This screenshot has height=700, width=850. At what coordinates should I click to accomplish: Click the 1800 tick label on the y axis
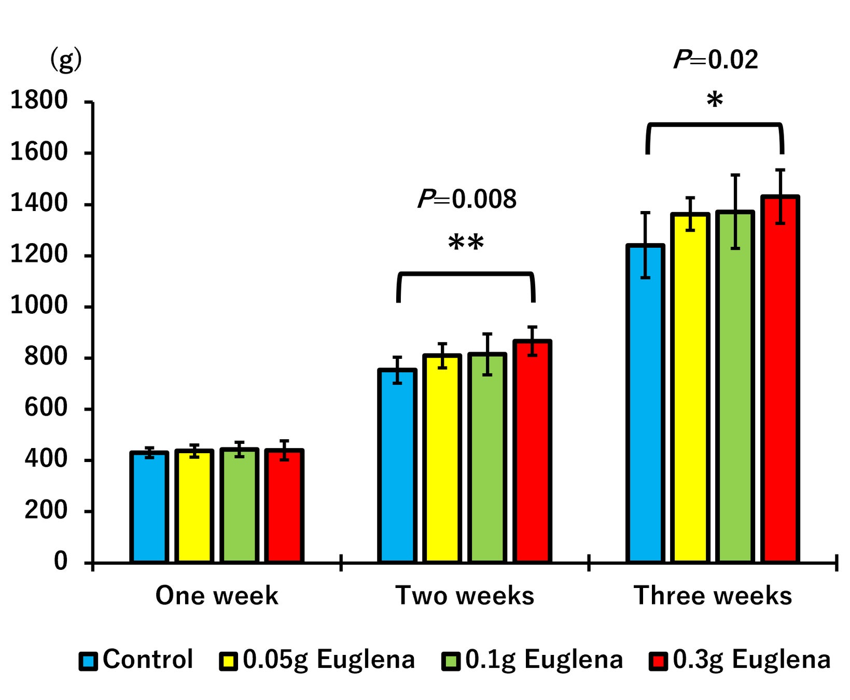[39, 100]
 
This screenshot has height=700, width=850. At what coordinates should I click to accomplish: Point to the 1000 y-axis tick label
[39, 305]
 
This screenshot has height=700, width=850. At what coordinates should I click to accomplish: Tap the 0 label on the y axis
[61, 561]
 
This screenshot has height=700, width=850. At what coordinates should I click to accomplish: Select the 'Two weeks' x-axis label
[465, 595]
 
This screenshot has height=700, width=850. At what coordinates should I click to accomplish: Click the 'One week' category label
[217, 595]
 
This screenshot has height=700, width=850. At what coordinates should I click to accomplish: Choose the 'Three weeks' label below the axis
[713, 595]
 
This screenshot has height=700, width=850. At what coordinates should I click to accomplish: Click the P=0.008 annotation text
[467, 199]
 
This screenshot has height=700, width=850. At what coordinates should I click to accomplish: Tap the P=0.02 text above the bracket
[716, 60]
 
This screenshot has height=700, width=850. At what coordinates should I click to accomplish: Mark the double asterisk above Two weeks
[466, 243]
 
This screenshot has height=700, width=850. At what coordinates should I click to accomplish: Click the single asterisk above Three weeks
[715, 100]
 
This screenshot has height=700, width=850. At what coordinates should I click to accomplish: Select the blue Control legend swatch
[88, 661]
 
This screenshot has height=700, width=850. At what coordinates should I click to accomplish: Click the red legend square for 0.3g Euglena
[658, 661]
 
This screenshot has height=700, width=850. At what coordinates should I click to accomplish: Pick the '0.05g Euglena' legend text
[329, 660]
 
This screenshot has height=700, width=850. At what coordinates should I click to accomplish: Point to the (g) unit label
[66, 60]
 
